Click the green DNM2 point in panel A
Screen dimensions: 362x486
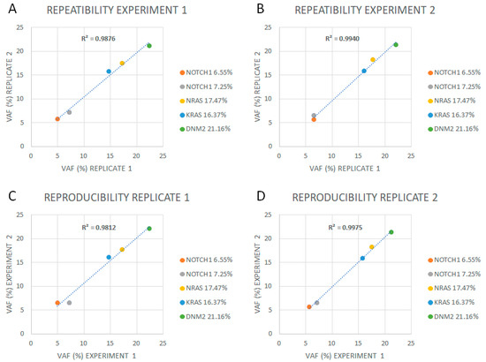pyautogui.click(x=149, y=46)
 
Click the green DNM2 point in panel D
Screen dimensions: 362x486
pyautogui.click(x=391, y=232)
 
